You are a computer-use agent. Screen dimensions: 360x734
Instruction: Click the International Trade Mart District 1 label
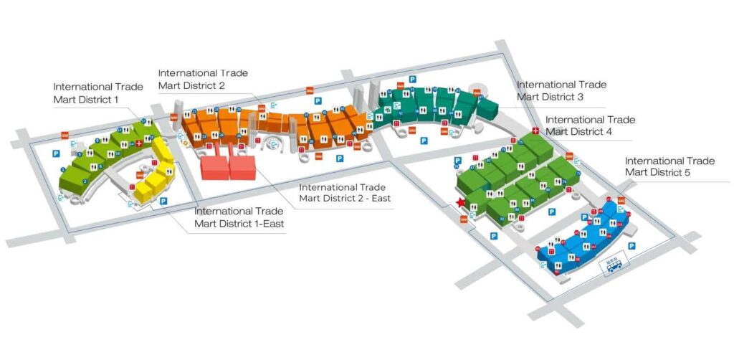pos(98,93)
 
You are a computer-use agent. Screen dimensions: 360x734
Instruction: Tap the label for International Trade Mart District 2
pos(203,79)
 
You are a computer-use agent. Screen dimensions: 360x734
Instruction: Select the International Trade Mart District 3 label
pos(561,90)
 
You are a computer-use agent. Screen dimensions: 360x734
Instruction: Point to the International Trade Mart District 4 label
pos(590,125)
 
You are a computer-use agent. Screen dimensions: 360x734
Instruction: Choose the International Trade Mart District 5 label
pos(669,166)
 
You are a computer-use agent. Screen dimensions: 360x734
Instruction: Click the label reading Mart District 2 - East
pos(345,198)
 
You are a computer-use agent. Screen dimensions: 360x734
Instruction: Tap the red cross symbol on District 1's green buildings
pos(139,144)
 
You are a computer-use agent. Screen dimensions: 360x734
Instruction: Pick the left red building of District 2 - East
pos(214,168)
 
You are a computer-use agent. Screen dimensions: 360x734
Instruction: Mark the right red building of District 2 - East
pos(242,168)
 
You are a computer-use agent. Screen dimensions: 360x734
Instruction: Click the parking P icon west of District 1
pos(56,153)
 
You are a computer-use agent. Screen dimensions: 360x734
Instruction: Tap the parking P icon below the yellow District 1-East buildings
pos(163,202)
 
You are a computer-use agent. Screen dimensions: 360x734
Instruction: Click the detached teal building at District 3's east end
pos(487,108)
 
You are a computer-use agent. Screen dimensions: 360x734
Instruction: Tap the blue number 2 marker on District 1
pos(85,181)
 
